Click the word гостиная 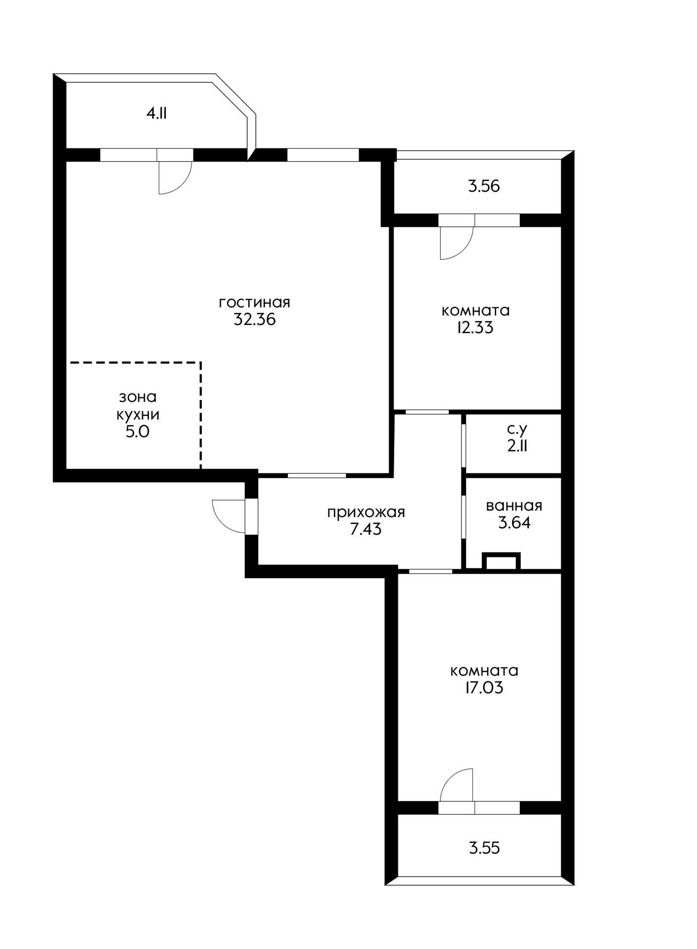254,302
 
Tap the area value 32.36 254,319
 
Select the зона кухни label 138,405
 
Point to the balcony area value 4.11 156,114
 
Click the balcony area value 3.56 484,186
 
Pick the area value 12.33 475,328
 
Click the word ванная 514,506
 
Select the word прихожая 366,513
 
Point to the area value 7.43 366,530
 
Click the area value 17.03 484,688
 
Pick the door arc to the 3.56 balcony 465,250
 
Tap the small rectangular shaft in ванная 501,561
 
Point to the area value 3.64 514,523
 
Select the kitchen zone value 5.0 138,431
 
